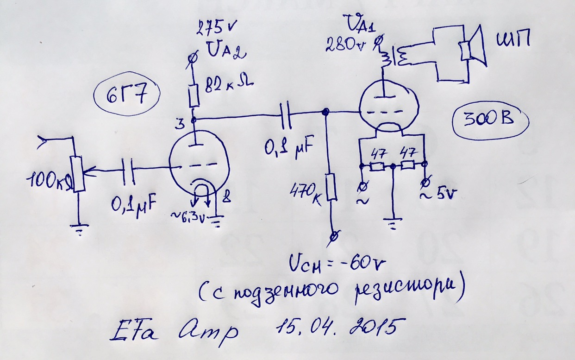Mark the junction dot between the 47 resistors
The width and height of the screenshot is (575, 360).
[x=393, y=165]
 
